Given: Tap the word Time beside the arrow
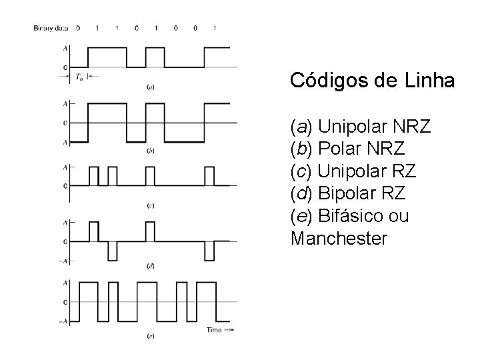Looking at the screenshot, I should coord(213,330).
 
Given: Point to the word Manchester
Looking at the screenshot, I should coord(339,239).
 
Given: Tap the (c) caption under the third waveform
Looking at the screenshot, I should coord(151,205).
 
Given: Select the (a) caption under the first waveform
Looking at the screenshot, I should coord(151,87).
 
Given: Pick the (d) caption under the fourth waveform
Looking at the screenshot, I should coord(151,266).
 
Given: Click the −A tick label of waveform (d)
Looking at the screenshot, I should coord(63,261).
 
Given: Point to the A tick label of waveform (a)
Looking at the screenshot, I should coord(65,49).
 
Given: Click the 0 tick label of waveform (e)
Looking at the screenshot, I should coord(65,302).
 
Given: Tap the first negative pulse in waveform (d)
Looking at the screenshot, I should coord(113,251).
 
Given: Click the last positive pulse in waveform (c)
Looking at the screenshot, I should coord(210,176).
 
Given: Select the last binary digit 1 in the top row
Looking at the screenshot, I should coord(215,28).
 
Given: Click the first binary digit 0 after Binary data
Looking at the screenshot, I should coord(78,28).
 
